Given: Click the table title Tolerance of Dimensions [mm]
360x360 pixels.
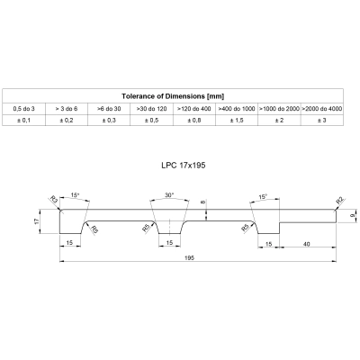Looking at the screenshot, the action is (173, 96).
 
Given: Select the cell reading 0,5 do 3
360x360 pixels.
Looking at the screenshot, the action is (23, 109).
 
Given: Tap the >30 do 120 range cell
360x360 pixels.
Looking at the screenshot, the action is (151, 109).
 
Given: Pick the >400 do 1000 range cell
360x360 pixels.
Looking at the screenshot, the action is (237, 109).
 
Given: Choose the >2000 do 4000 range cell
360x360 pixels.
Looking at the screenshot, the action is (321, 109).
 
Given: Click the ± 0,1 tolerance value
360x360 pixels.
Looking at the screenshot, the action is (23, 121).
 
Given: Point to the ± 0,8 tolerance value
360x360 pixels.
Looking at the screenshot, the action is (194, 121).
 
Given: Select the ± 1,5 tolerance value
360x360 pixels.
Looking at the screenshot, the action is (237, 121).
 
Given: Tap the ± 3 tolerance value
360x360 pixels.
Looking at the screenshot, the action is (321, 121).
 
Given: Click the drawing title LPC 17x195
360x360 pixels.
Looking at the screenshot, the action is (184, 166).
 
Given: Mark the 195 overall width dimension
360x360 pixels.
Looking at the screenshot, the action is (190, 257).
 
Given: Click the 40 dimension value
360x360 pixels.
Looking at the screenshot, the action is (307, 244).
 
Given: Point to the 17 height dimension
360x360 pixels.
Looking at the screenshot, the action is (37, 221).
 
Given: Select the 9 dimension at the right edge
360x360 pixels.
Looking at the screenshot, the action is (353, 215).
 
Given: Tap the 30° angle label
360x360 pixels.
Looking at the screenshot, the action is (169, 195).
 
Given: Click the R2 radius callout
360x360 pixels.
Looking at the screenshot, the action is (341, 200).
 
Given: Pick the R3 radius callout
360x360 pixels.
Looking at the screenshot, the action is (54, 199).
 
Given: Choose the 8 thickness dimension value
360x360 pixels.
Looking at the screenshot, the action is (204, 202).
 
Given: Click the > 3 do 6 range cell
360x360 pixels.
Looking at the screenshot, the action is (67, 109).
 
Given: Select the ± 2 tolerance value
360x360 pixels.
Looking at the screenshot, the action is (279, 121).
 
